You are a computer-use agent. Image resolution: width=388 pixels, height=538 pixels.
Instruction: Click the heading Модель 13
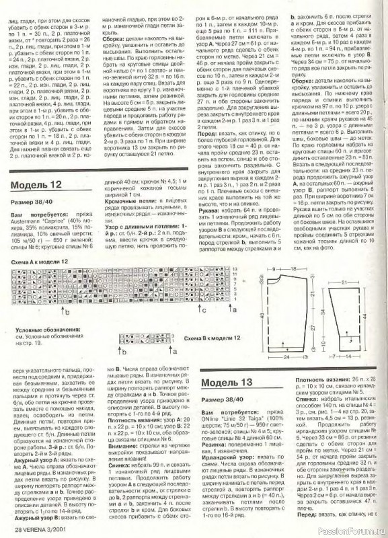(228, 383)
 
